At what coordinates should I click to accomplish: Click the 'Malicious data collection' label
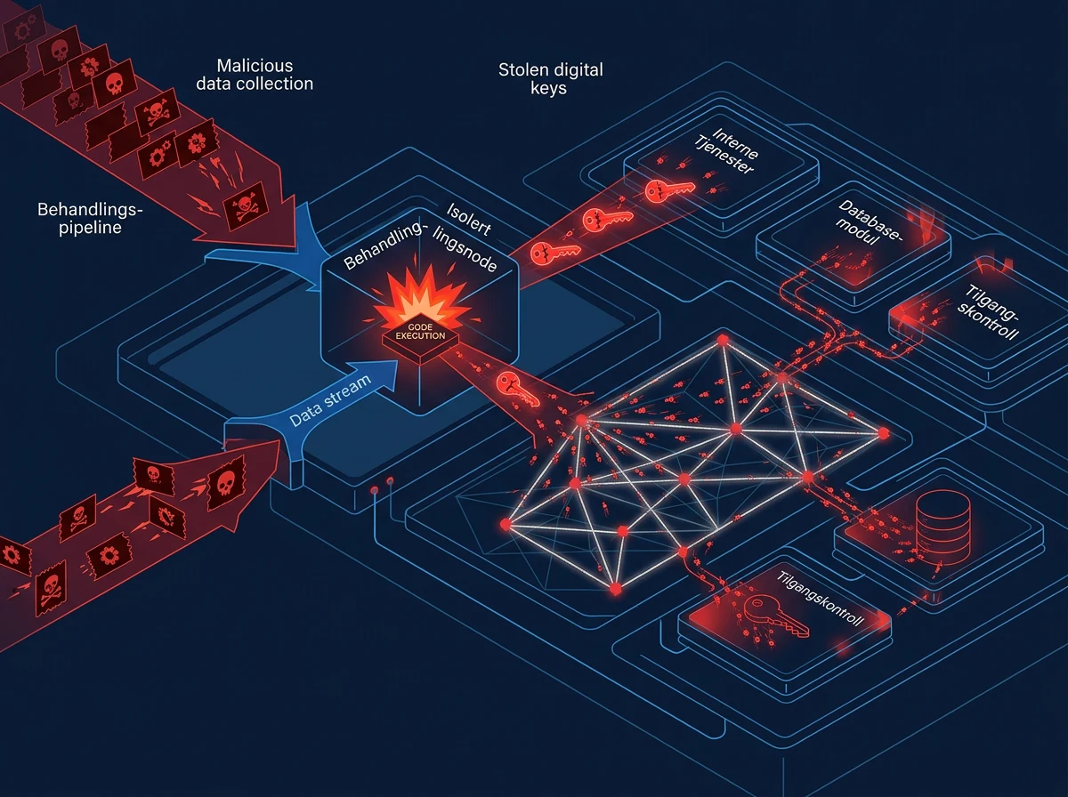click(255, 75)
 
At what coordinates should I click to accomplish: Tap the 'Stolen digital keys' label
click(550, 79)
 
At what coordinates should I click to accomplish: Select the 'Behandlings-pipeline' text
click(90, 219)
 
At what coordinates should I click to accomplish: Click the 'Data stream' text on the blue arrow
click(330, 400)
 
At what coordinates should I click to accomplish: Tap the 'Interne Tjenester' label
click(726, 150)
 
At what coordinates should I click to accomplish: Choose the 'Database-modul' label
click(869, 223)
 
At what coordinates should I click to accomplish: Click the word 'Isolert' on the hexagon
click(468, 219)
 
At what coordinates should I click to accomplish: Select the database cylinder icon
click(943, 528)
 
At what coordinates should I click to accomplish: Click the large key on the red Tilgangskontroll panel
click(776, 616)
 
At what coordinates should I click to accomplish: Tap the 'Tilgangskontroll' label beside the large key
click(820, 599)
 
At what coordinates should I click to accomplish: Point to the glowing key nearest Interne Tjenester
click(669, 190)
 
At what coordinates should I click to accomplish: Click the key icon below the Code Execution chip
click(518, 389)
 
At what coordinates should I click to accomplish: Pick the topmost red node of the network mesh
click(723, 340)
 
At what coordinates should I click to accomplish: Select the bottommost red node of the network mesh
click(616, 589)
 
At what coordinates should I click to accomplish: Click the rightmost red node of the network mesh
click(884, 433)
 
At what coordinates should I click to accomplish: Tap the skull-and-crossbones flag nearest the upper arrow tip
click(246, 206)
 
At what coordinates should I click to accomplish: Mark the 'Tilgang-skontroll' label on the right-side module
click(988, 311)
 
